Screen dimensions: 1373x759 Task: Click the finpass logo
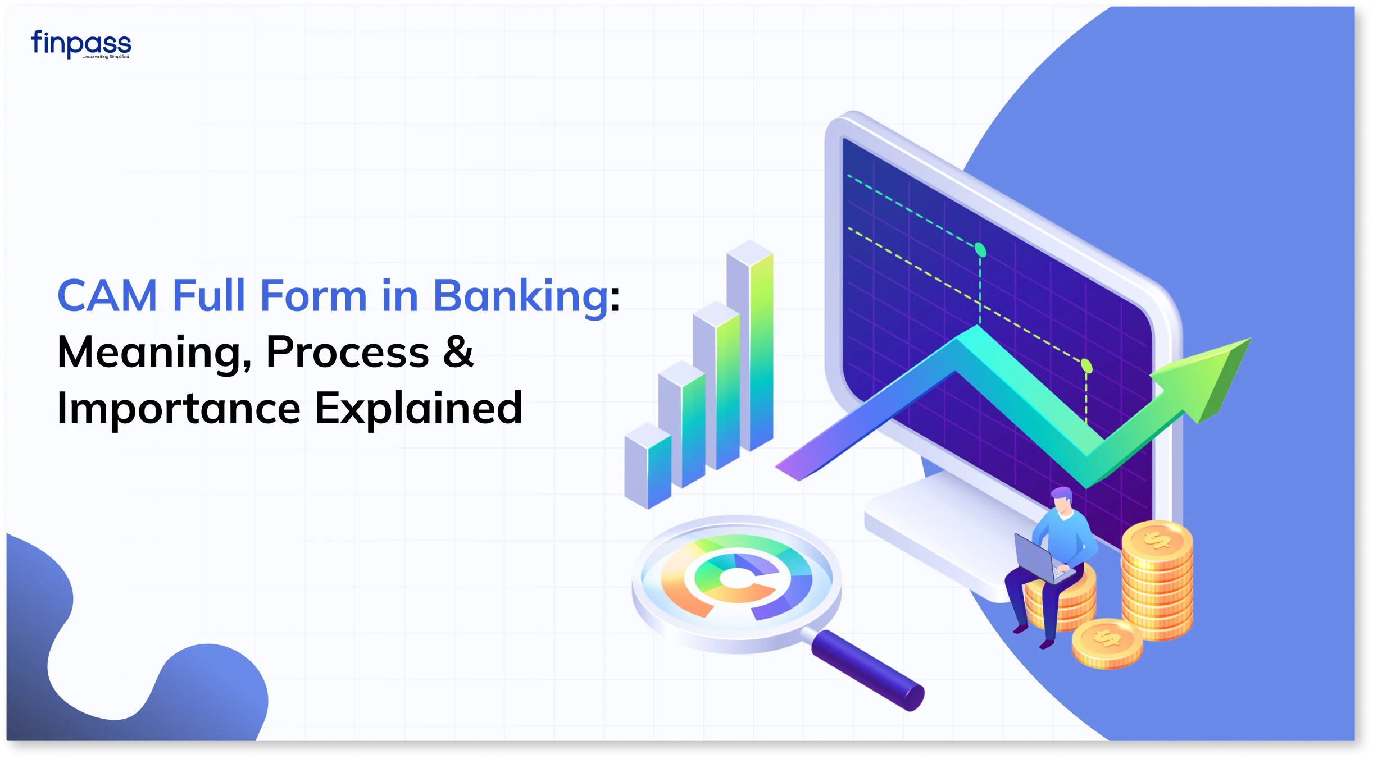click(81, 44)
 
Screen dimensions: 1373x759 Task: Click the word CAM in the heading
click(107, 295)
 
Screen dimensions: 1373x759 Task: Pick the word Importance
click(179, 409)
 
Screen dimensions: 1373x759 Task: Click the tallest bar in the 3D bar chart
click(750, 345)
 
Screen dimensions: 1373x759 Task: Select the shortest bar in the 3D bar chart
click(648, 466)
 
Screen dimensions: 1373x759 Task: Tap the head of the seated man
click(1062, 500)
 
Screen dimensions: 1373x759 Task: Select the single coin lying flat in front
click(1107, 643)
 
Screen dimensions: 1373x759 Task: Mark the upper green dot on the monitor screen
click(980, 249)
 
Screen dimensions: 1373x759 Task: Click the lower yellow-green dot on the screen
click(1086, 366)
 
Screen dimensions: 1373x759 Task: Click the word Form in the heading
click(313, 295)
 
